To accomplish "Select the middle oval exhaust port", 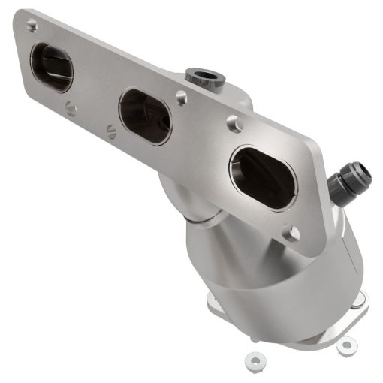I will coord(145,116).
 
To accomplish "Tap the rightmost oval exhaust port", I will coord(262,177).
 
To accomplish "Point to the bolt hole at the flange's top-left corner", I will coord(32,26).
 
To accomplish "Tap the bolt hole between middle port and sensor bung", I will coord(181,97).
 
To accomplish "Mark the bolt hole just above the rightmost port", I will coord(234,124).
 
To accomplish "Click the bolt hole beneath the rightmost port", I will coord(291,234).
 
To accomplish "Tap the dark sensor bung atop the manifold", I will coord(203,76).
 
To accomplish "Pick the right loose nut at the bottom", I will coord(346,346).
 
